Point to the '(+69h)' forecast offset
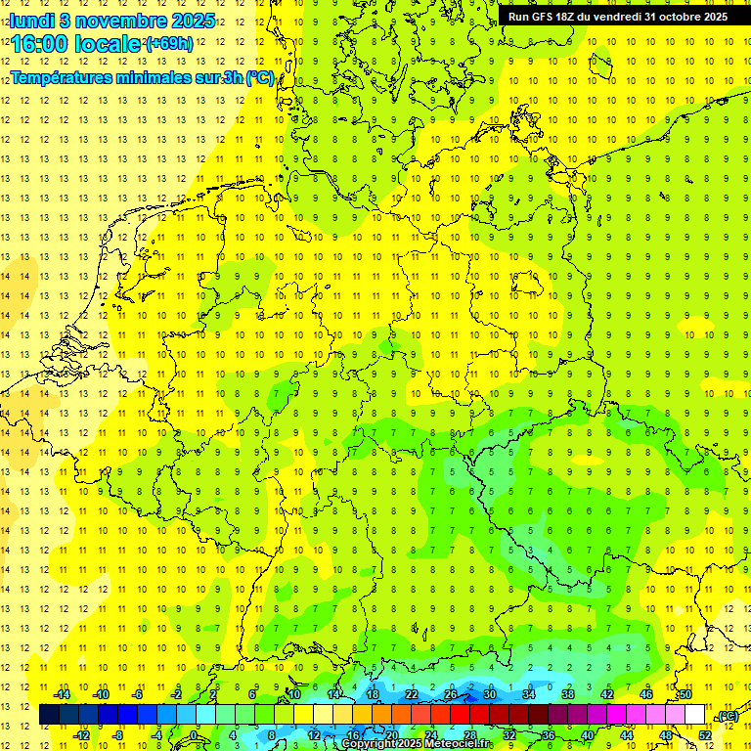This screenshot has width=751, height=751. coord(169,44)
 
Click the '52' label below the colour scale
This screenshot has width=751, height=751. coord(705,735)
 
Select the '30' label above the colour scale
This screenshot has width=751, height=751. coord(490,694)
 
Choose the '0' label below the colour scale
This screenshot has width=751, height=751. coord(195,735)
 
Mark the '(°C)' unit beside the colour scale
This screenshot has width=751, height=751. coord(728,717)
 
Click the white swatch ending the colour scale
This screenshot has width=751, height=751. coord(694,715)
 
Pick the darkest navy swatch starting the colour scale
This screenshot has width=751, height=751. coord(49,715)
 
